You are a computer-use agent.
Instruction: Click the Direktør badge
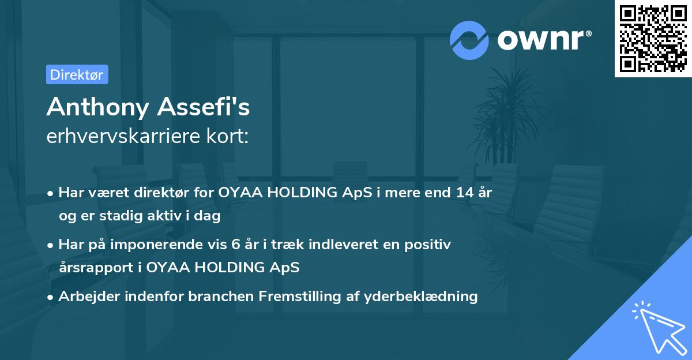[77, 74]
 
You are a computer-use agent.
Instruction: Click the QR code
[653, 39]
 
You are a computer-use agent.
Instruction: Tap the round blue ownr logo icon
[469, 40]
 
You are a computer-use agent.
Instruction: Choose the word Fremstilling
[296, 297]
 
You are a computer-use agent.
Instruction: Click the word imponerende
[172, 245]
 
